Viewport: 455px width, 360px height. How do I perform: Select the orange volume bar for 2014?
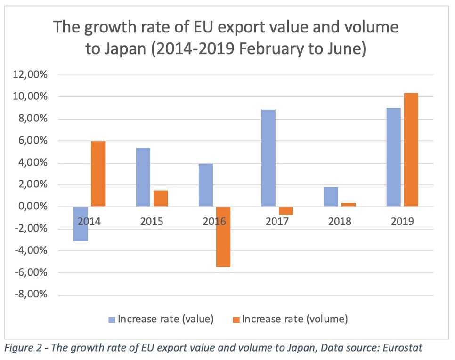98,174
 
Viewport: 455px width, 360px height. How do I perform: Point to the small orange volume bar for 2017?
286,210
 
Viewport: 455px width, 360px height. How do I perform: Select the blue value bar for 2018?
331,197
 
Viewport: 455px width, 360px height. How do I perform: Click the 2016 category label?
214,221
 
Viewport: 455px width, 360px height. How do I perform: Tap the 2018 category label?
340,221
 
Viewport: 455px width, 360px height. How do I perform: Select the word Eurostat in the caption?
403,348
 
